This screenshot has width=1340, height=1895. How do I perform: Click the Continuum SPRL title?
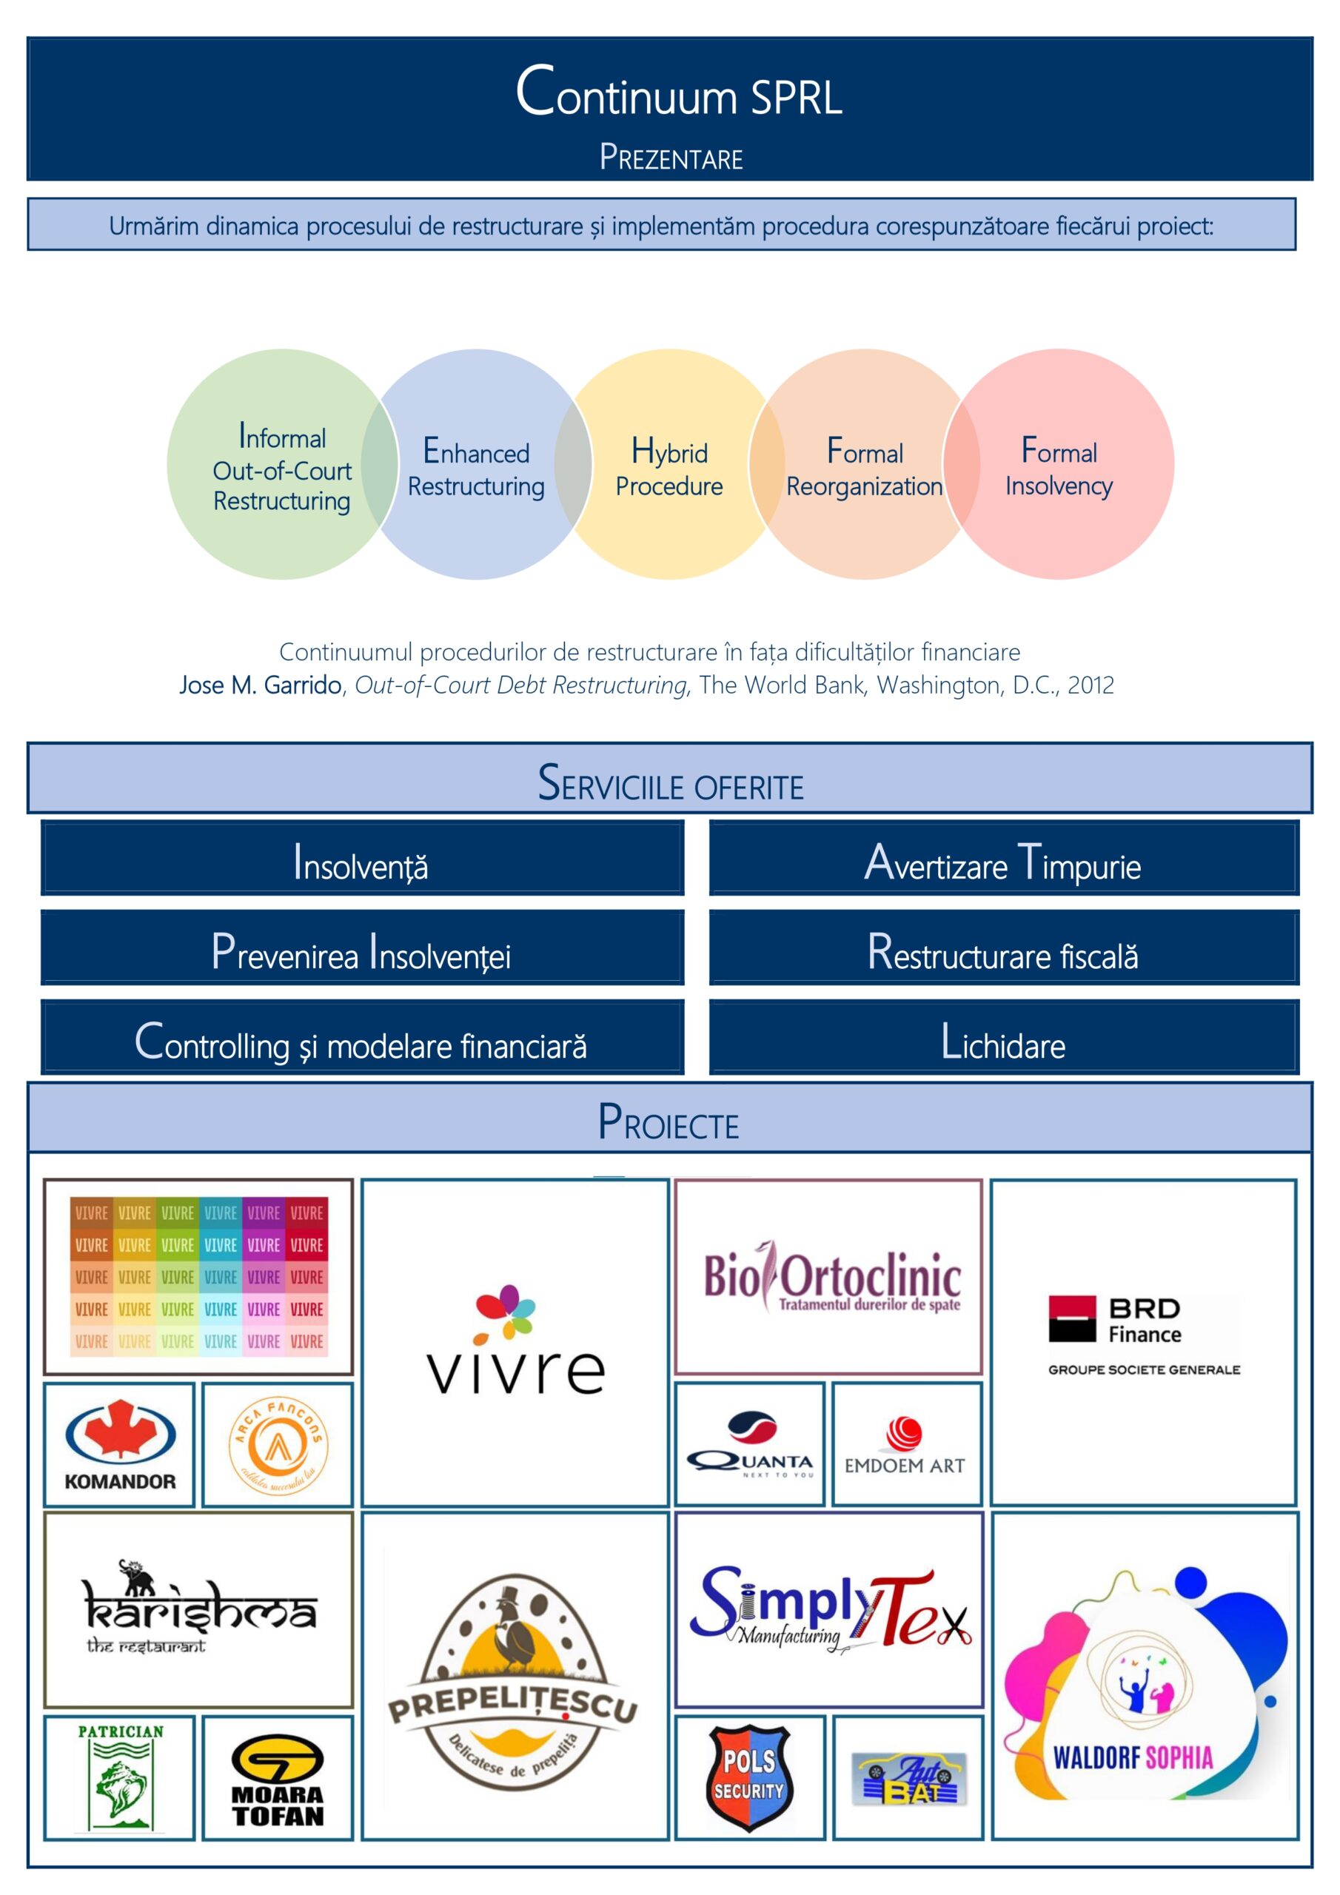pyautogui.click(x=678, y=93)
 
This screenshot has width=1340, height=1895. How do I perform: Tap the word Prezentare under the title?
pyautogui.click(x=671, y=158)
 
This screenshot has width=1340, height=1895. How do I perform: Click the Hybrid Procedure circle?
pyautogui.click(x=669, y=467)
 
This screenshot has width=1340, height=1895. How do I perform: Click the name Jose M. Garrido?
pyautogui.click(x=260, y=685)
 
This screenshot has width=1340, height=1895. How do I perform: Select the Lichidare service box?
pyautogui.click(x=1003, y=1041)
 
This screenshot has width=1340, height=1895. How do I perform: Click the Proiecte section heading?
pyautogui.click(x=669, y=1121)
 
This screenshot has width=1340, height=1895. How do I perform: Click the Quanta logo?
pyautogui.click(x=750, y=1444)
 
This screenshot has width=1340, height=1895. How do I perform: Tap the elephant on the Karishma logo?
pyautogui.click(x=137, y=1577)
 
